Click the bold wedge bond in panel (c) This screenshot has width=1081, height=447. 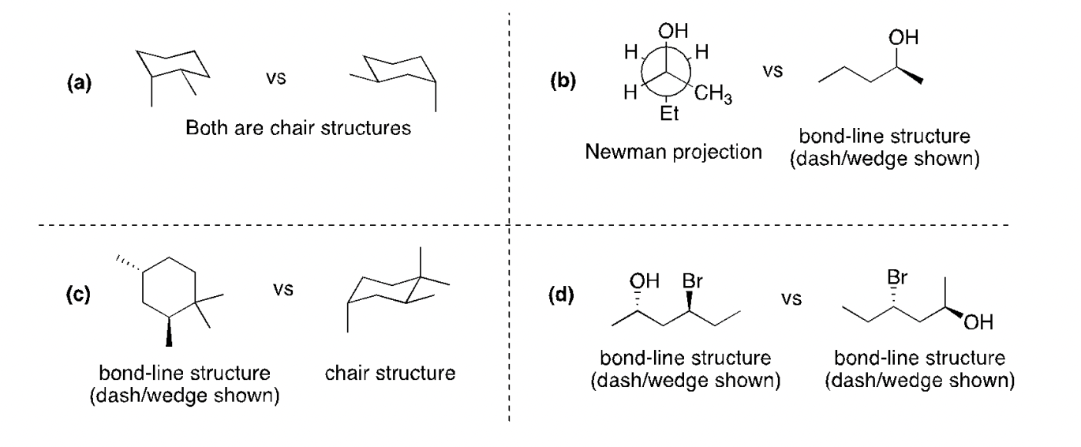[168, 330]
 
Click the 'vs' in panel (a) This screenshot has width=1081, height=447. [279, 81]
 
